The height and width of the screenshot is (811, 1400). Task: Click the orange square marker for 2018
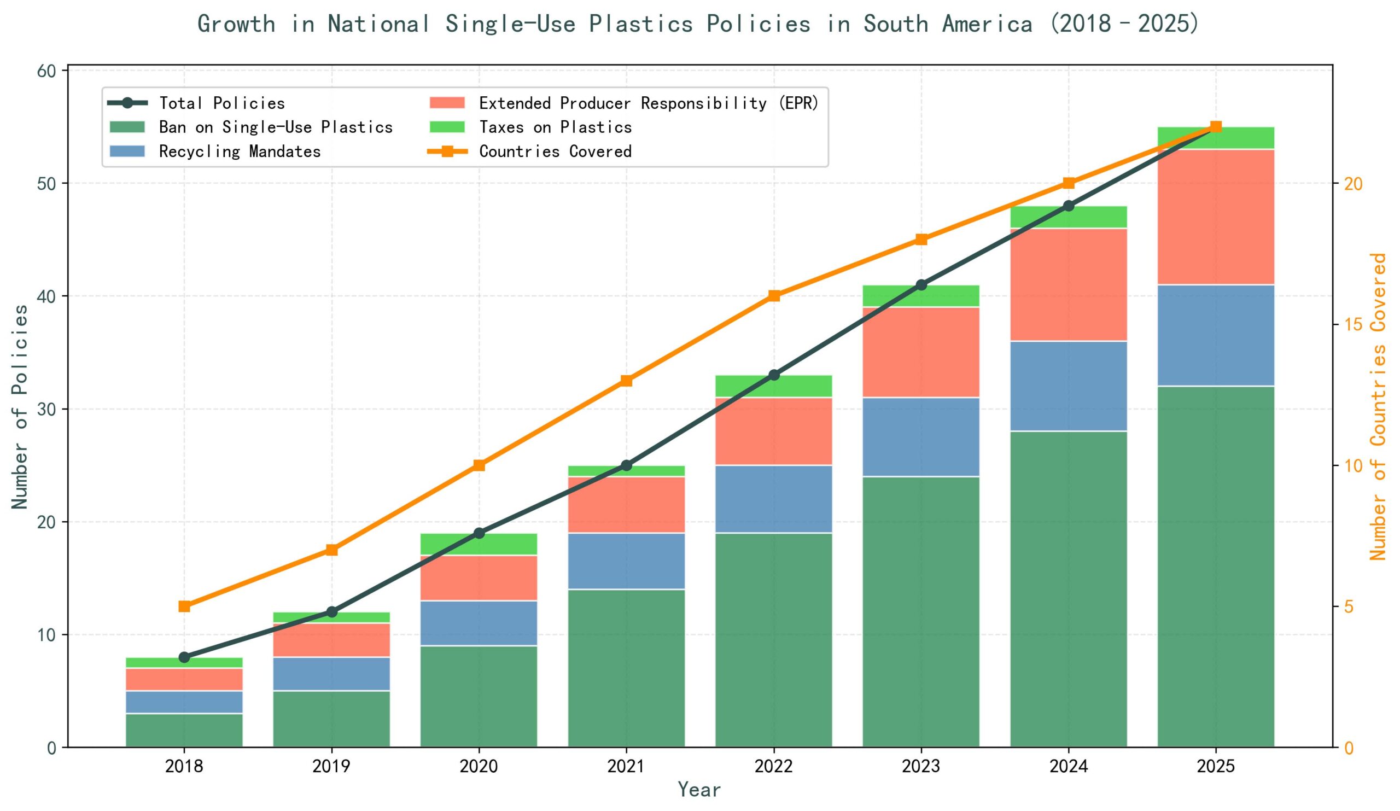(184, 606)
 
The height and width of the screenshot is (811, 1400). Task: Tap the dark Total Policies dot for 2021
(626, 465)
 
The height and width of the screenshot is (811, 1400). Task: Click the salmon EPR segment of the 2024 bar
(1069, 284)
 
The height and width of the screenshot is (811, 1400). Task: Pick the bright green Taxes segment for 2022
(773, 386)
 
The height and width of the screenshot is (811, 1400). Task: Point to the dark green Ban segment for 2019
(331, 718)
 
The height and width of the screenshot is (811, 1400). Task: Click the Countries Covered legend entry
(555, 151)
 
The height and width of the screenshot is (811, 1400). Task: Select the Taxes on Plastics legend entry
(555, 127)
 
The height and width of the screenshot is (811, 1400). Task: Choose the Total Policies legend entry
(221, 103)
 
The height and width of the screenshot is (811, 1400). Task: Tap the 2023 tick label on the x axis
(920, 767)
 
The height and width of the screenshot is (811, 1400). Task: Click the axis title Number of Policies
(20, 406)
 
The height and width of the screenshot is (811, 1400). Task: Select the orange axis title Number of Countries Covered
(1378, 406)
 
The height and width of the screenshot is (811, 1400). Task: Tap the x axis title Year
(699, 790)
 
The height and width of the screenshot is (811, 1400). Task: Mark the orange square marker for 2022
(773, 295)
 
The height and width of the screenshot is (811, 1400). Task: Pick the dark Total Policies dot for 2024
(1069, 206)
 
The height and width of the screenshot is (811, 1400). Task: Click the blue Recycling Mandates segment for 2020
(479, 623)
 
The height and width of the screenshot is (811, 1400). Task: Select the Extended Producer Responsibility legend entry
(649, 103)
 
